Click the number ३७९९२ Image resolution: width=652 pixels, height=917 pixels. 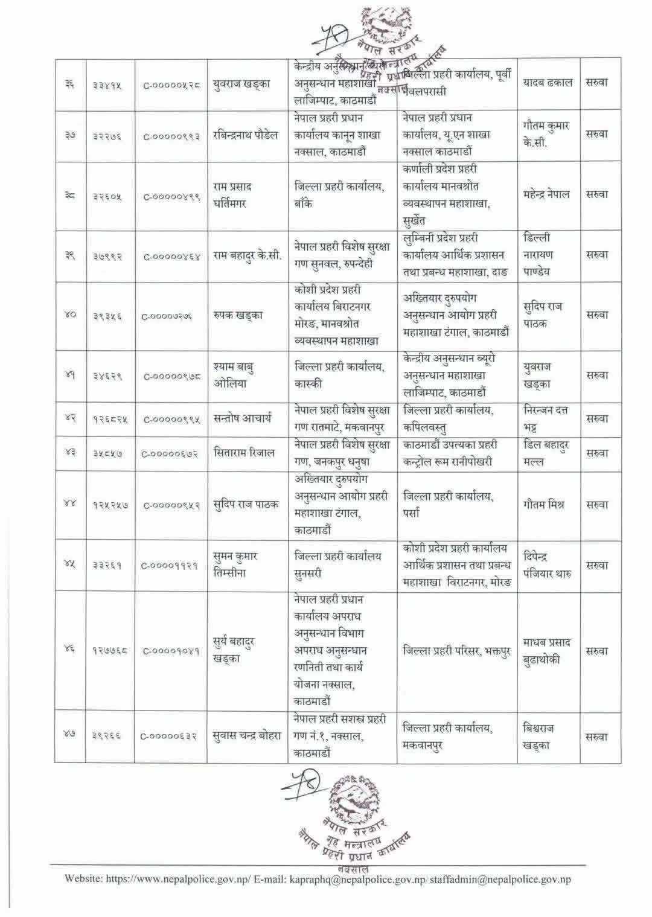click(107, 255)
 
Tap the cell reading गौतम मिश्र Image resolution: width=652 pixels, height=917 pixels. click(544, 505)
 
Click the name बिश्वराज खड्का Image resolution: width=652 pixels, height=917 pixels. click(539, 736)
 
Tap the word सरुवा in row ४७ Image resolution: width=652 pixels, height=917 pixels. click(596, 736)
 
